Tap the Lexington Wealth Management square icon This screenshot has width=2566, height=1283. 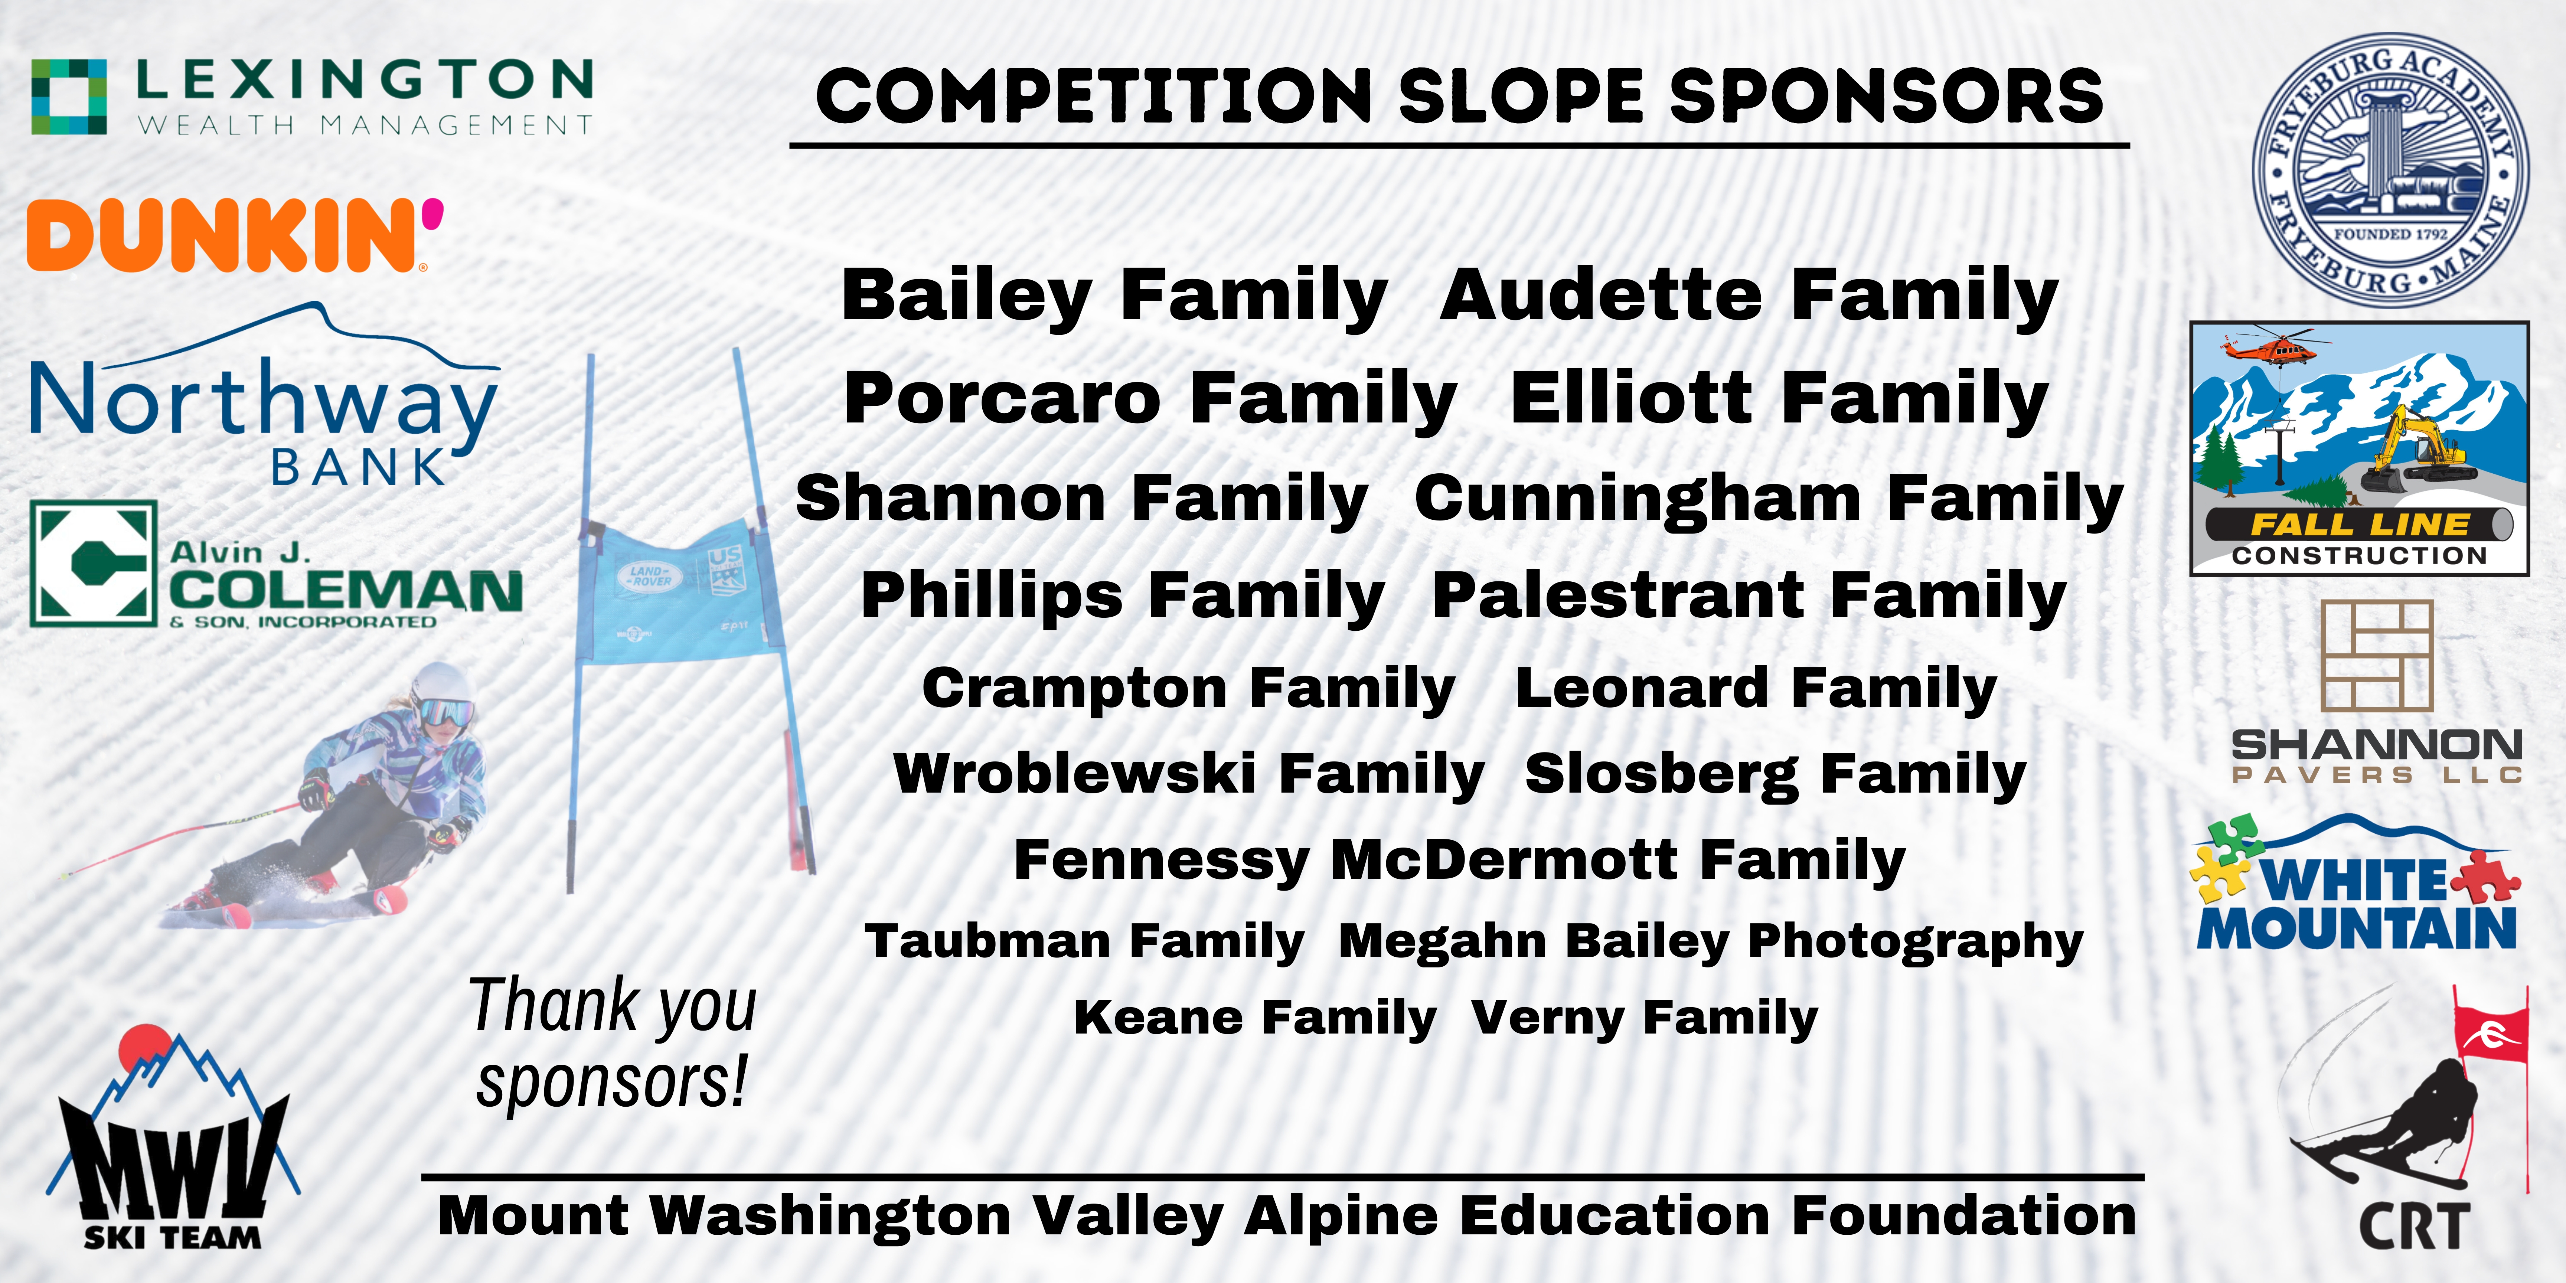(69, 97)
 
